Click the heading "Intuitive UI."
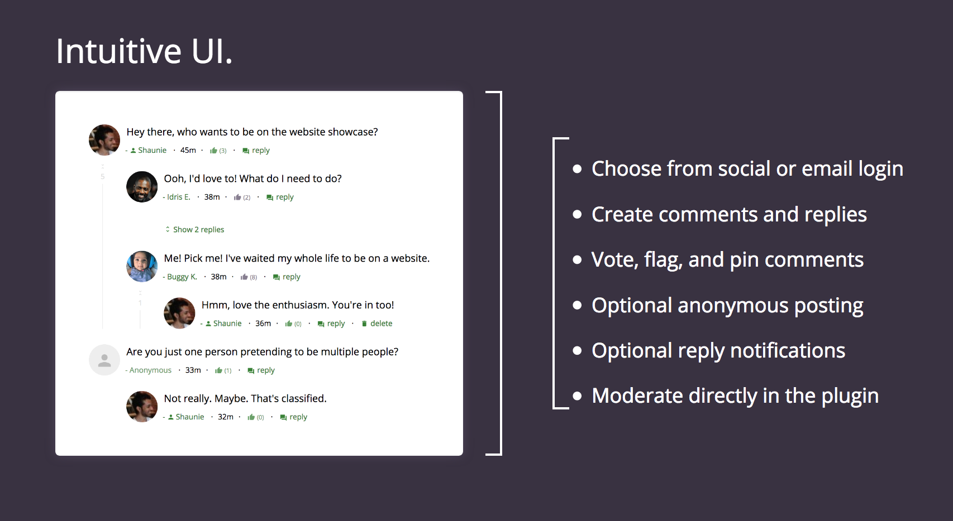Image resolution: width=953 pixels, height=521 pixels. pos(144,51)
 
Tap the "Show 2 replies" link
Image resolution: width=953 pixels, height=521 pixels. pos(198,230)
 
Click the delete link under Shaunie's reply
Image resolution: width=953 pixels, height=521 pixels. pos(381,324)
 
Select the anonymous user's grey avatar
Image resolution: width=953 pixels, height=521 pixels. pos(104,360)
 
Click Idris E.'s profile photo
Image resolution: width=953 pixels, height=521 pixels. pos(142,187)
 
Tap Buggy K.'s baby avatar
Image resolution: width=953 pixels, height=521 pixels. pos(142,267)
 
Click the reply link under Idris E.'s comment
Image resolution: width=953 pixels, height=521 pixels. pos(284,197)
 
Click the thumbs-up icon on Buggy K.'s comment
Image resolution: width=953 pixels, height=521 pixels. pos(244,277)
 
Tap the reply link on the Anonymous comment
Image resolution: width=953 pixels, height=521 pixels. pos(265,370)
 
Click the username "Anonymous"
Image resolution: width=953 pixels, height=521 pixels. pos(150,370)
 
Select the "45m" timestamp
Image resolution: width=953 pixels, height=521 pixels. pos(188,151)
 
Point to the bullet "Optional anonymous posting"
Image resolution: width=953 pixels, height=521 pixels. pos(727,306)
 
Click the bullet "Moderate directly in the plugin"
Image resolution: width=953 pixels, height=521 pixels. pos(735,396)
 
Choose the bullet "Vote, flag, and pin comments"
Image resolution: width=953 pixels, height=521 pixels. pos(727,260)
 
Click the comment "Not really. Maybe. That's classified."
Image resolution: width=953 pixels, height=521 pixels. pos(245,399)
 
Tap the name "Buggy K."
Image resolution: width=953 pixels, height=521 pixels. pos(182,277)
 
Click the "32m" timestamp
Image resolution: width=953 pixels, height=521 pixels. pos(226,417)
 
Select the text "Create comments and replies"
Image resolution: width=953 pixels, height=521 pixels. pos(729,215)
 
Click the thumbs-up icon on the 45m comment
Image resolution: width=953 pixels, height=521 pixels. pos(213,151)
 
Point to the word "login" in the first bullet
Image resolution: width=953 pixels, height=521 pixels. pos(880,169)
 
